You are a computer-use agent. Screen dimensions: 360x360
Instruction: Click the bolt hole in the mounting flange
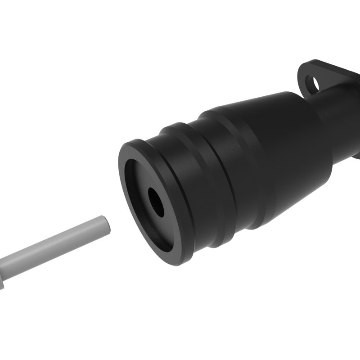click(x=311, y=82)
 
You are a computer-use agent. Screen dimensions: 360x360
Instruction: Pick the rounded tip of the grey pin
click(x=104, y=224)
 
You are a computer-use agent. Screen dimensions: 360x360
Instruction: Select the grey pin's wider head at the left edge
click(x=4, y=274)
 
